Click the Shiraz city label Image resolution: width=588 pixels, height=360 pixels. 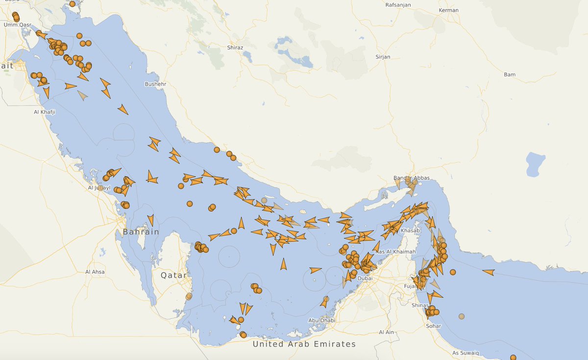(235, 48)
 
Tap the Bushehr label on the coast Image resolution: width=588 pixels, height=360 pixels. (156, 84)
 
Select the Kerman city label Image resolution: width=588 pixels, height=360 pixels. (449, 10)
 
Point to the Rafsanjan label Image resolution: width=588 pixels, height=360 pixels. (398, 5)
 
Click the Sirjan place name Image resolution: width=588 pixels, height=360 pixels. (383, 57)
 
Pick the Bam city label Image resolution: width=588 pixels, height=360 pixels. (510, 74)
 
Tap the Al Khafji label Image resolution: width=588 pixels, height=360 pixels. (45, 112)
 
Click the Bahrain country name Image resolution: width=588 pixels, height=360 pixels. (141, 232)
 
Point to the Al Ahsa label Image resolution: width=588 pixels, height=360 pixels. (95, 271)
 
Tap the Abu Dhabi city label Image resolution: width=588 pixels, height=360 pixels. (321, 320)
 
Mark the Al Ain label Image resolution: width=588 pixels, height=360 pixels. (387, 332)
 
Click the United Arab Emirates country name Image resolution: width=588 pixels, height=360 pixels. (304, 344)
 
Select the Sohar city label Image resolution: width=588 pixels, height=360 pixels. (433, 326)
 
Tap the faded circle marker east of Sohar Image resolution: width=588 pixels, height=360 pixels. (462, 316)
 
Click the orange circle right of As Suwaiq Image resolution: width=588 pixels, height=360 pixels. (513, 358)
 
